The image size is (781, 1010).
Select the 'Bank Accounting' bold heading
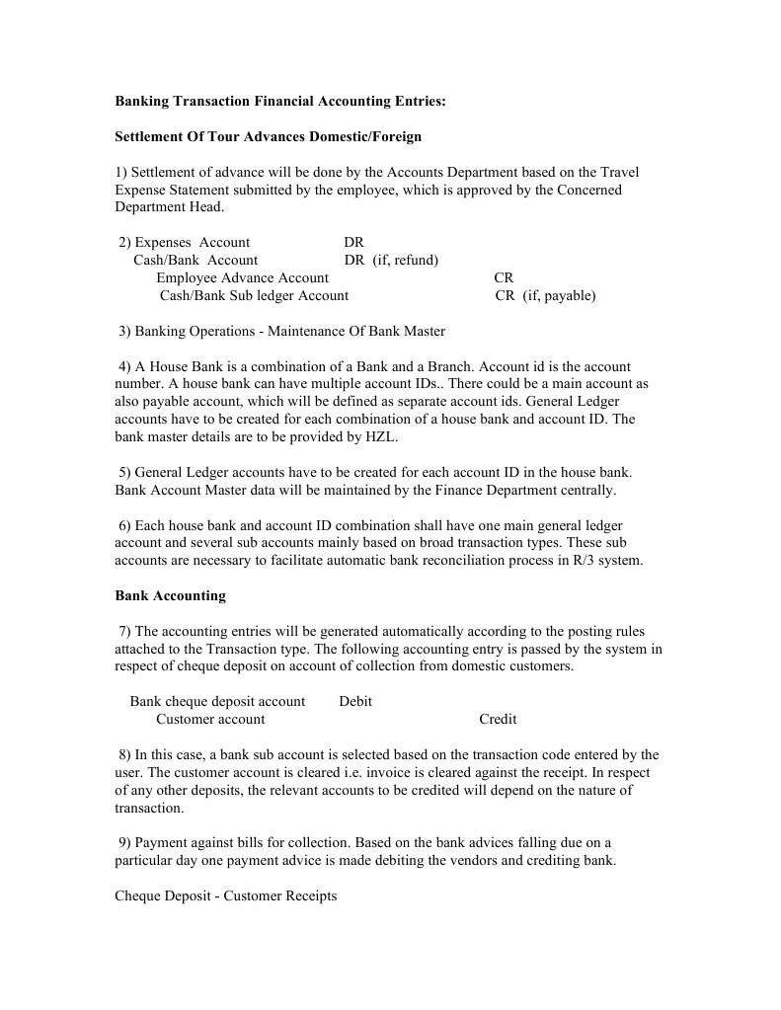tap(170, 595)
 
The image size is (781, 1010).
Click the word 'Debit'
tap(355, 701)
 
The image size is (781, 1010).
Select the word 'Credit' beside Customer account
tap(498, 719)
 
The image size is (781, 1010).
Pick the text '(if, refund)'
tap(405, 260)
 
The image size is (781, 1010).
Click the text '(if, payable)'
tap(559, 295)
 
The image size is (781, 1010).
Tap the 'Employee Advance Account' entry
tap(242, 277)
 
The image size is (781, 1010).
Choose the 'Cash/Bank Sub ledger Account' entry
tap(254, 295)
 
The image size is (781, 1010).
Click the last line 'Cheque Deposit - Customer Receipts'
tap(226, 895)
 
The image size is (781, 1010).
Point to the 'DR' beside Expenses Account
tap(353, 242)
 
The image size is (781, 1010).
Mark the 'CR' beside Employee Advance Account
tap(504, 277)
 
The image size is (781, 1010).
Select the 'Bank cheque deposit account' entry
tap(217, 701)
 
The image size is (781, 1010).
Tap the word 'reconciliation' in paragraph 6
tap(467, 561)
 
